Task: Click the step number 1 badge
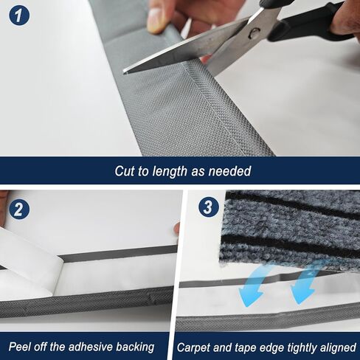(19, 15)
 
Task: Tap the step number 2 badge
(19, 210)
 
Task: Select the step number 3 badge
(209, 207)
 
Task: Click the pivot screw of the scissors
(255, 32)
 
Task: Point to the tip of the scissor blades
(124, 72)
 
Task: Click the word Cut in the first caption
(125, 170)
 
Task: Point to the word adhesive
(90, 347)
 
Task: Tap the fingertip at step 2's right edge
(176, 229)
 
